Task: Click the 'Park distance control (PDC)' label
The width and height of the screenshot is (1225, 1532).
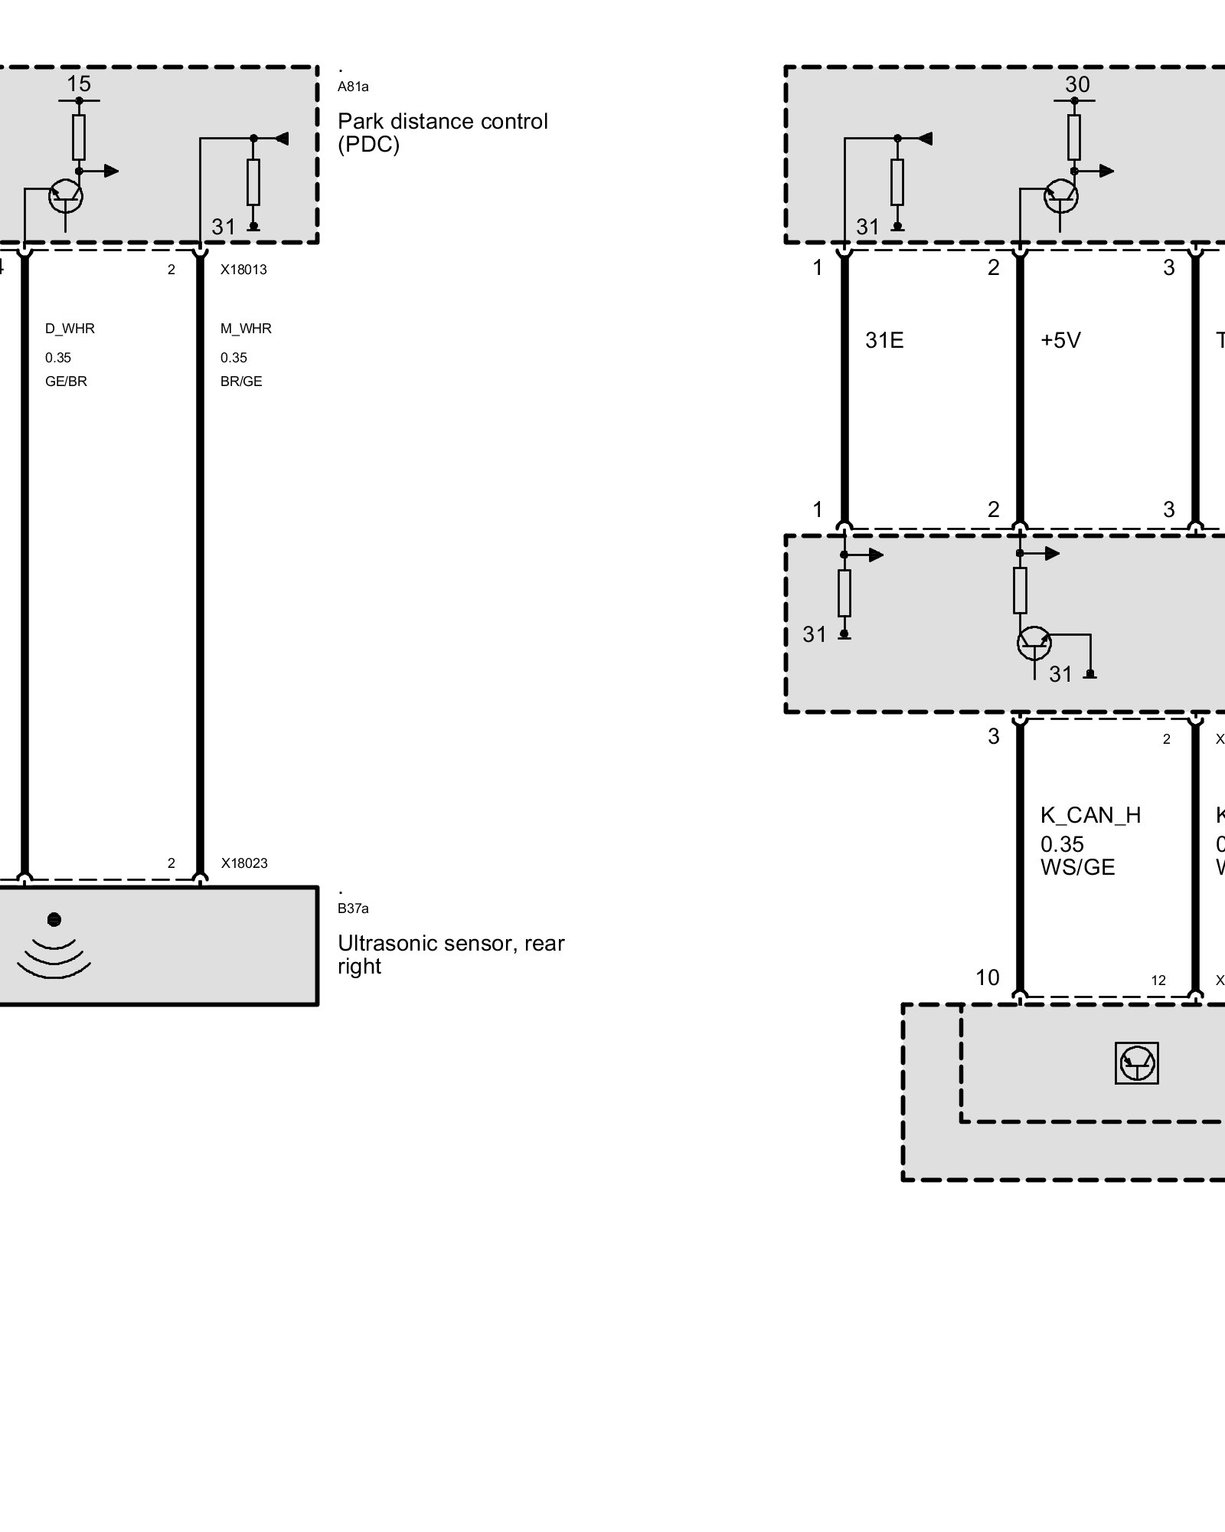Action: click(x=443, y=133)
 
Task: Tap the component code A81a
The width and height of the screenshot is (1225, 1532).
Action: click(x=353, y=87)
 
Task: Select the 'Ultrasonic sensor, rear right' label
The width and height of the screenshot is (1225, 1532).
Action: click(x=451, y=954)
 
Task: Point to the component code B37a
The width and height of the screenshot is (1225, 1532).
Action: click(x=353, y=908)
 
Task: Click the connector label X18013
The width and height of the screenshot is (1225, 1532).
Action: click(x=243, y=270)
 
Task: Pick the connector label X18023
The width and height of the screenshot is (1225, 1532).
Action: click(x=244, y=863)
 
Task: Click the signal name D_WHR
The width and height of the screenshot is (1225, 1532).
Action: click(x=70, y=329)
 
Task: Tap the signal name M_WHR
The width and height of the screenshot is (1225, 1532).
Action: click(x=246, y=329)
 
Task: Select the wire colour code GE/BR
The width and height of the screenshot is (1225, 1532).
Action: click(x=66, y=381)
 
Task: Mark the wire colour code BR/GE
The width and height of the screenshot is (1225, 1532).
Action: click(x=241, y=381)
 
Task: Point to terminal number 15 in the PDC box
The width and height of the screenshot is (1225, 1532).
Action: click(x=79, y=83)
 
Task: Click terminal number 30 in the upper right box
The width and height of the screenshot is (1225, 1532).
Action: click(x=1077, y=84)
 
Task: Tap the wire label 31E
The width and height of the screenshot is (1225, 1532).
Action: click(x=884, y=340)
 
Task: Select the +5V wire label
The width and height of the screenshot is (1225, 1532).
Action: click(x=1060, y=340)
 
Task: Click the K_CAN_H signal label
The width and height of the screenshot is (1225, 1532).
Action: click(x=1090, y=815)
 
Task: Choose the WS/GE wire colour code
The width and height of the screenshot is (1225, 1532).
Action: click(x=1077, y=867)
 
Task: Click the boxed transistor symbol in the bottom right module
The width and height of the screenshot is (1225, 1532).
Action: click(x=1137, y=1063)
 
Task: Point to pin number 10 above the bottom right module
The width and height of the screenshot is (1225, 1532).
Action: click(x=988, y=977)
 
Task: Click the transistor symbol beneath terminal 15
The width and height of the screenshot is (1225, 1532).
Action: click(x=66, y=197)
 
